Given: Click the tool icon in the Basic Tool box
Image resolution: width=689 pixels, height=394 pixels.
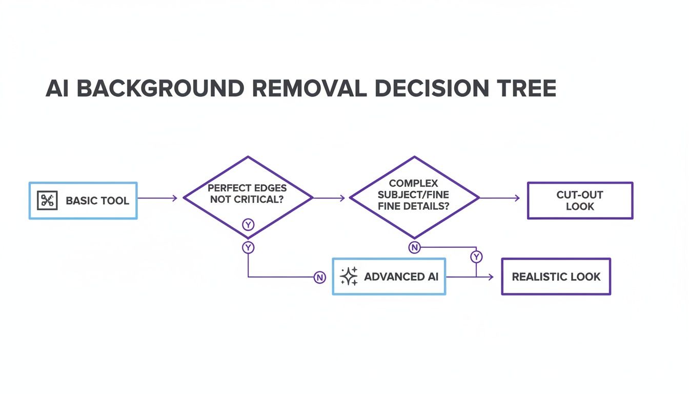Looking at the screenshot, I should (x=48, y=200).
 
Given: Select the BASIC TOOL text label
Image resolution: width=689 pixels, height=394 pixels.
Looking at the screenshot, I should (x=97, y=201).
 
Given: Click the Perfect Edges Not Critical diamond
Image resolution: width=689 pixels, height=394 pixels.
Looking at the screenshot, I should (x=248, y=197).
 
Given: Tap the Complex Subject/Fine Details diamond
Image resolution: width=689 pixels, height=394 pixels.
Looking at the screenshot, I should (x=414, y=197).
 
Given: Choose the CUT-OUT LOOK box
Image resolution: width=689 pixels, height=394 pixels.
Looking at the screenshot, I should (x=580, y=201).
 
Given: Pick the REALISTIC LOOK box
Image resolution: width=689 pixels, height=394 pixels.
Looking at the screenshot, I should (x=556, y=277).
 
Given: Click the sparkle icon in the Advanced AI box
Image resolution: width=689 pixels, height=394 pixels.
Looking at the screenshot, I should (x=349, y=277).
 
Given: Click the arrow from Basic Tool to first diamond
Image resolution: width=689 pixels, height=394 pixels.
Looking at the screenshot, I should (x=157, y=198).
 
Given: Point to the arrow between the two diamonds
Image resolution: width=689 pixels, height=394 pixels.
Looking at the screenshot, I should (x=329, y=198).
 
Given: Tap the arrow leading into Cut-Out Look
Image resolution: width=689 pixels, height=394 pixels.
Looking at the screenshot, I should (x=500, y=198).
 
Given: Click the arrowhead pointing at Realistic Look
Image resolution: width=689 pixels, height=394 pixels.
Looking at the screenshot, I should (x=491, y=277).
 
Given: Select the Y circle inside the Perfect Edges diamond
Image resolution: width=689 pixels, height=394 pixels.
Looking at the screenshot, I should (x=248, y=225).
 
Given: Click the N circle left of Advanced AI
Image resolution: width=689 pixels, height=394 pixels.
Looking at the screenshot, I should (x=319, y=278).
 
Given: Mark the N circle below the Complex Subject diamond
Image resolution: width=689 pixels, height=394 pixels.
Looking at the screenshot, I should (x=414, y=248).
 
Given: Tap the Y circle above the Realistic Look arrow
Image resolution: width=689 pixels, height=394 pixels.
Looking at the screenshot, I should (x=476, y=256).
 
